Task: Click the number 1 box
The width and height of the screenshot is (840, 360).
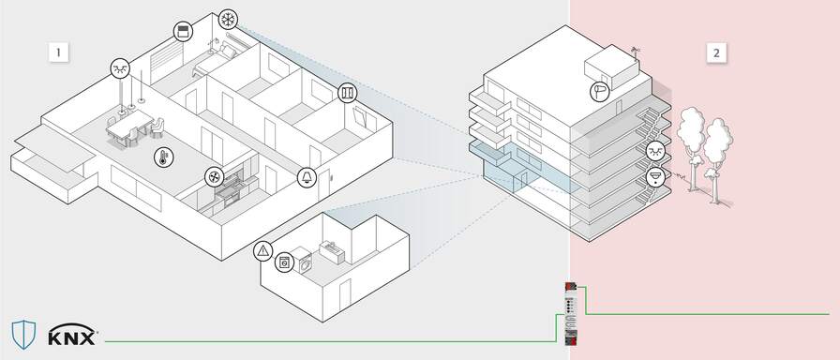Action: click(x=58, y=52)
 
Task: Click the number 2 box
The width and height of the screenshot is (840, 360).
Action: click(x=716, y=52)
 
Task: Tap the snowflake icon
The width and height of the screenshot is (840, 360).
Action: click(x=228, y=20)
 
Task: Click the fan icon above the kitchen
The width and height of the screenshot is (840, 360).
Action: click(x=215, y=176)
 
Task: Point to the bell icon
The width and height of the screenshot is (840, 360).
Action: click(x=307, y=177)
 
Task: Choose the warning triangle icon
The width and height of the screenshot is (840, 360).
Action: click(x=263, y=251)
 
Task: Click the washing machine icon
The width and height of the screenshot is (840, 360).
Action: click(x=283, y=263)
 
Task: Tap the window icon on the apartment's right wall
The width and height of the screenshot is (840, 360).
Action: click(x=348, y=95)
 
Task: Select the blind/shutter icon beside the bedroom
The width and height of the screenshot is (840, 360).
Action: click(x=182, y=33)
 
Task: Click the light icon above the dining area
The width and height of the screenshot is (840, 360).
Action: click(x=120, y=67)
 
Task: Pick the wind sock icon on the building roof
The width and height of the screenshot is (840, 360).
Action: click(x=601, y=90)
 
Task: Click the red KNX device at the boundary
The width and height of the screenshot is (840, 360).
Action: click(x=569, y=309)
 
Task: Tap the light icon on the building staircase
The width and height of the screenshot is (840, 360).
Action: click(x=656, y=151)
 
